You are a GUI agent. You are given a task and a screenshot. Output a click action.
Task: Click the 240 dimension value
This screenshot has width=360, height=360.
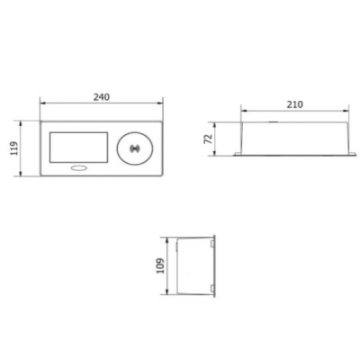click(x=102, y=97)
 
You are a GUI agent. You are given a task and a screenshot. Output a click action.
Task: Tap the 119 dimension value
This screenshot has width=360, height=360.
click(x=14, y=148)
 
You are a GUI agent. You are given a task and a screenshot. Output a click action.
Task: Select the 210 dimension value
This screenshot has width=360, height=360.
click(x=295, y=104)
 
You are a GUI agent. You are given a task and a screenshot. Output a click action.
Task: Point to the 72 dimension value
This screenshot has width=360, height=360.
click(x=208, y=139)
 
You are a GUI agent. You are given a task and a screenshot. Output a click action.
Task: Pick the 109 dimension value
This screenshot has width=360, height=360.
click(x=161, y=265)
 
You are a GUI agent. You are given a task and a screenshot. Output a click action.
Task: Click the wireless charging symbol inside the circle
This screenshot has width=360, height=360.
click(x=135, y=148)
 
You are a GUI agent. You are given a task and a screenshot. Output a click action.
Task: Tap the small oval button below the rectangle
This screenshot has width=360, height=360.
click(x=78, y=168)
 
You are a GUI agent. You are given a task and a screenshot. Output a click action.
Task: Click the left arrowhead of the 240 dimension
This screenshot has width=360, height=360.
click(x=43, y=103)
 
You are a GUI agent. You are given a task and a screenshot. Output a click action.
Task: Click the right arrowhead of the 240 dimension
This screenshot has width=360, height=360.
click(x=160, y=103)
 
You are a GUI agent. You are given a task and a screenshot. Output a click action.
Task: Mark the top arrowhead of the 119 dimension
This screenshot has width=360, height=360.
click(x=21, y=124)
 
